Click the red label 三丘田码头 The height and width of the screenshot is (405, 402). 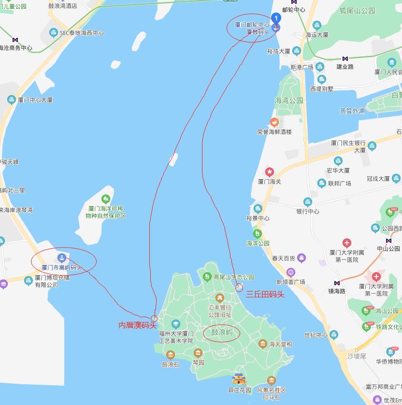coord(265,293)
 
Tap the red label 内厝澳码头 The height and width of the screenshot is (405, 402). coord(138,325)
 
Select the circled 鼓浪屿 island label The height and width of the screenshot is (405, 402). coord(222,333)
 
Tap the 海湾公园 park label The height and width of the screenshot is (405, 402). coord(288,100)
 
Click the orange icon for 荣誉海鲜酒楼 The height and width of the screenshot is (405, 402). coord(274,122)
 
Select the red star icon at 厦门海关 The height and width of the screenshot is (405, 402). coord(270,172)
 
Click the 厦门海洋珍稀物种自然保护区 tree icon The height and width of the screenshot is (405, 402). coord(105,199)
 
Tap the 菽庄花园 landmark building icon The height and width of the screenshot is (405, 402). coord(240,379)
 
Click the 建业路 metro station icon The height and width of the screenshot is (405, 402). coord(345,59)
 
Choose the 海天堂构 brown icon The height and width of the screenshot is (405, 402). coord(262,344)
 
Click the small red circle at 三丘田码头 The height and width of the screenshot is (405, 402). coord(239,288)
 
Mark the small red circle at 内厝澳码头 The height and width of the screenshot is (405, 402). coord(154,318)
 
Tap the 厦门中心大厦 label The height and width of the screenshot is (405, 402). coord(35,100)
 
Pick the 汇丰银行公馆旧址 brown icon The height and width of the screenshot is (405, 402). coord(220,297)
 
